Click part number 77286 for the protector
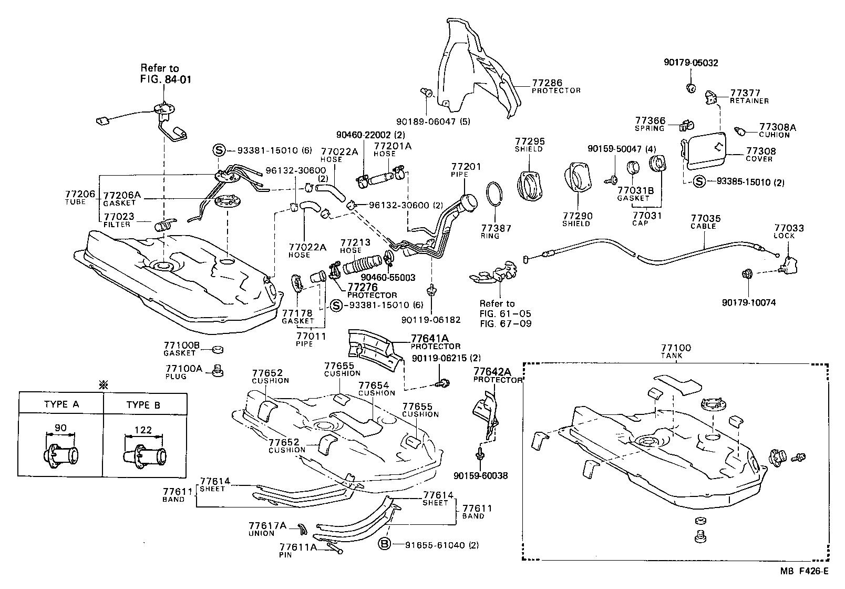pos(547,83)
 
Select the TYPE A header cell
pos(61,404)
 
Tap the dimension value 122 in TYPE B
pos(143,430)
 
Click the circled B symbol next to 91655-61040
pos(384,545)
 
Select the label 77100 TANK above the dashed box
pos(676,351)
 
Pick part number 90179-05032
pos(691,63)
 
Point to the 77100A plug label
pos(183,372)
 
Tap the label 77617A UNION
pos(268,529)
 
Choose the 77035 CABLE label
pos(705,221)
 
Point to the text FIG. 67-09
pos(505,323)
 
